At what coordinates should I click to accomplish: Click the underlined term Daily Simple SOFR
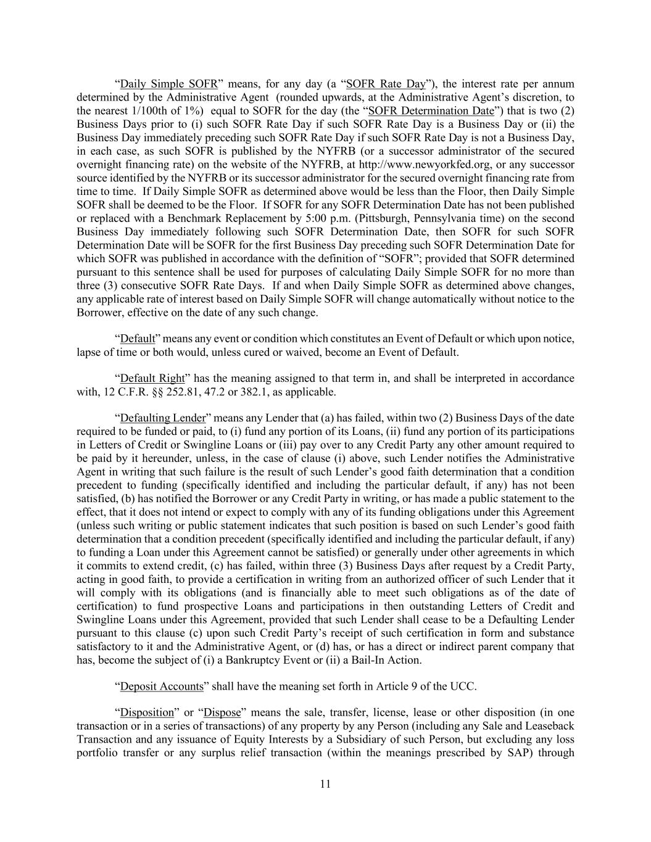168,84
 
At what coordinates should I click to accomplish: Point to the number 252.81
185,392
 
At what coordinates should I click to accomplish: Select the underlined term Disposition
147,713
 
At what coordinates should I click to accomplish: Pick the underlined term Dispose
222,713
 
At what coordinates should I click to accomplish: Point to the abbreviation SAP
516,753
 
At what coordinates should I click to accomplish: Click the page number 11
325,784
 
